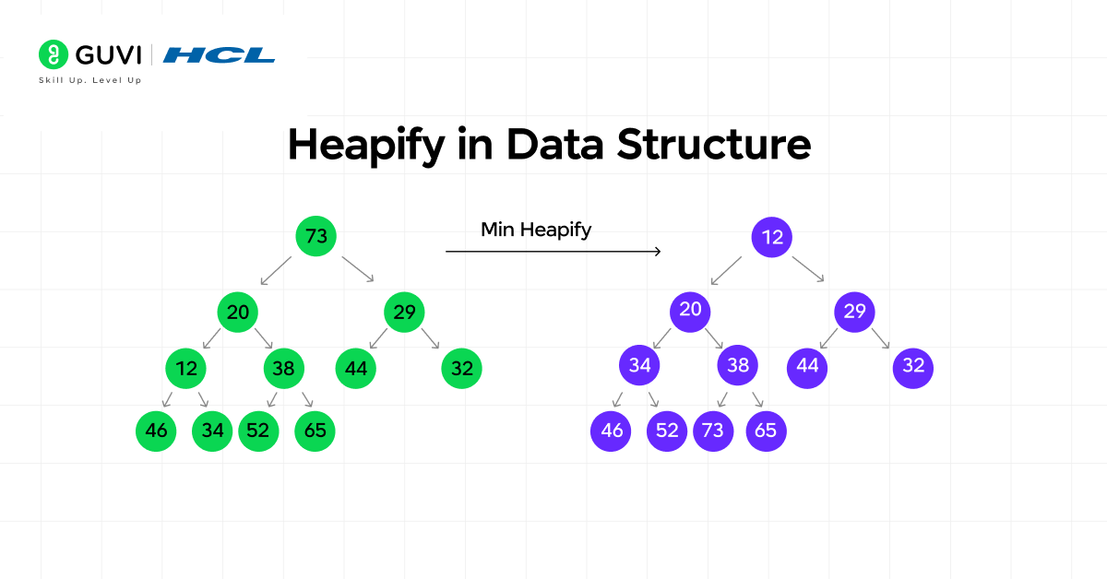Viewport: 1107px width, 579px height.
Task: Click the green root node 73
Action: tap(315, 237)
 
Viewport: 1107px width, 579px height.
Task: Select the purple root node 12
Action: tap(772, 237)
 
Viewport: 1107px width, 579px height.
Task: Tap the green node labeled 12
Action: tap(186, 369)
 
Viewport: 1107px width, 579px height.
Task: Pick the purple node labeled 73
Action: tap(713, 431)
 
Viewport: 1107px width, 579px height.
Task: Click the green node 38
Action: tap(284, 369)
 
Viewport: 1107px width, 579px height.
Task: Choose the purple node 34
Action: tap(639, 365)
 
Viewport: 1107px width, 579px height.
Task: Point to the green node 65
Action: tap(315, 431)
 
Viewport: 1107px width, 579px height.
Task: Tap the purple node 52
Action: tap(667, 431)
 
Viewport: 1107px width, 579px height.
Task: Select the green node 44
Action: tap(356, 369)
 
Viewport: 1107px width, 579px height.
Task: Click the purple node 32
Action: tap(913, 365)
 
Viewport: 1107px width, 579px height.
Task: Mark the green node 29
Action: tap(404, 312)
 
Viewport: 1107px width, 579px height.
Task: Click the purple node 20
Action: tap(690, 310)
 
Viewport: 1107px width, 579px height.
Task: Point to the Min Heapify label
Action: tap(536, 230)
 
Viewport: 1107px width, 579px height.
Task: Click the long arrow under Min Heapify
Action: tap(553, 251)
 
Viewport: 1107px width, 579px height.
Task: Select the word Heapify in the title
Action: tap(366, 147)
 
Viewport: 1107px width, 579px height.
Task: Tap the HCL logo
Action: tap(219, 55)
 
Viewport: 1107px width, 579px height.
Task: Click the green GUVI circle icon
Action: tap(54, 55)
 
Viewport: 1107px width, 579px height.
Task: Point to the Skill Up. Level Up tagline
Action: tap(89, 80)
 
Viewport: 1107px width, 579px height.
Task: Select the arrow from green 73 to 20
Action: tap(275, 270)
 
